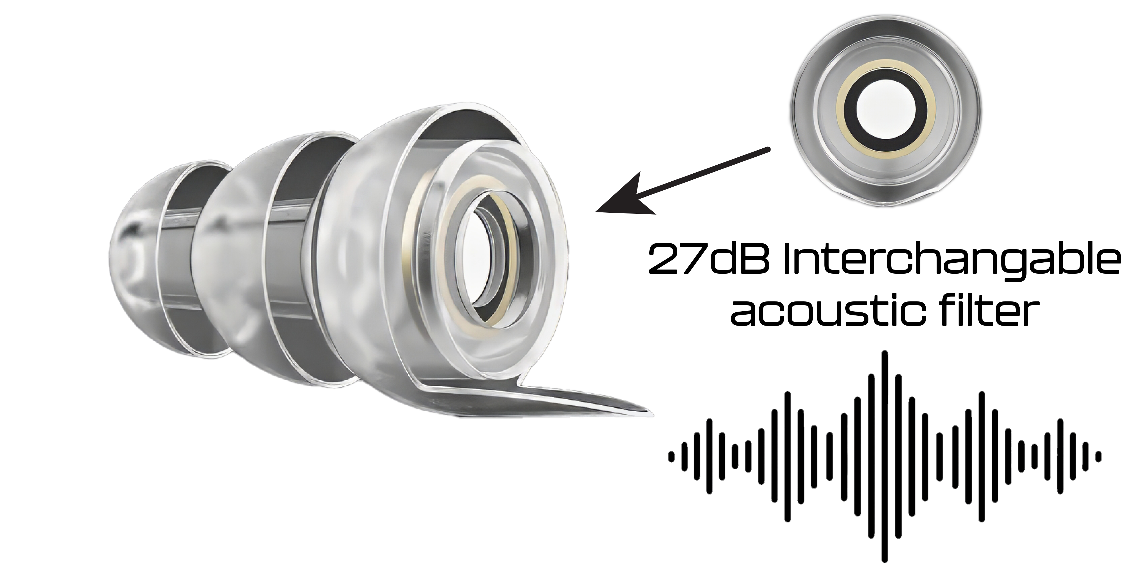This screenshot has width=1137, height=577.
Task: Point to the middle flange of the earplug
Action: [247, 247]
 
